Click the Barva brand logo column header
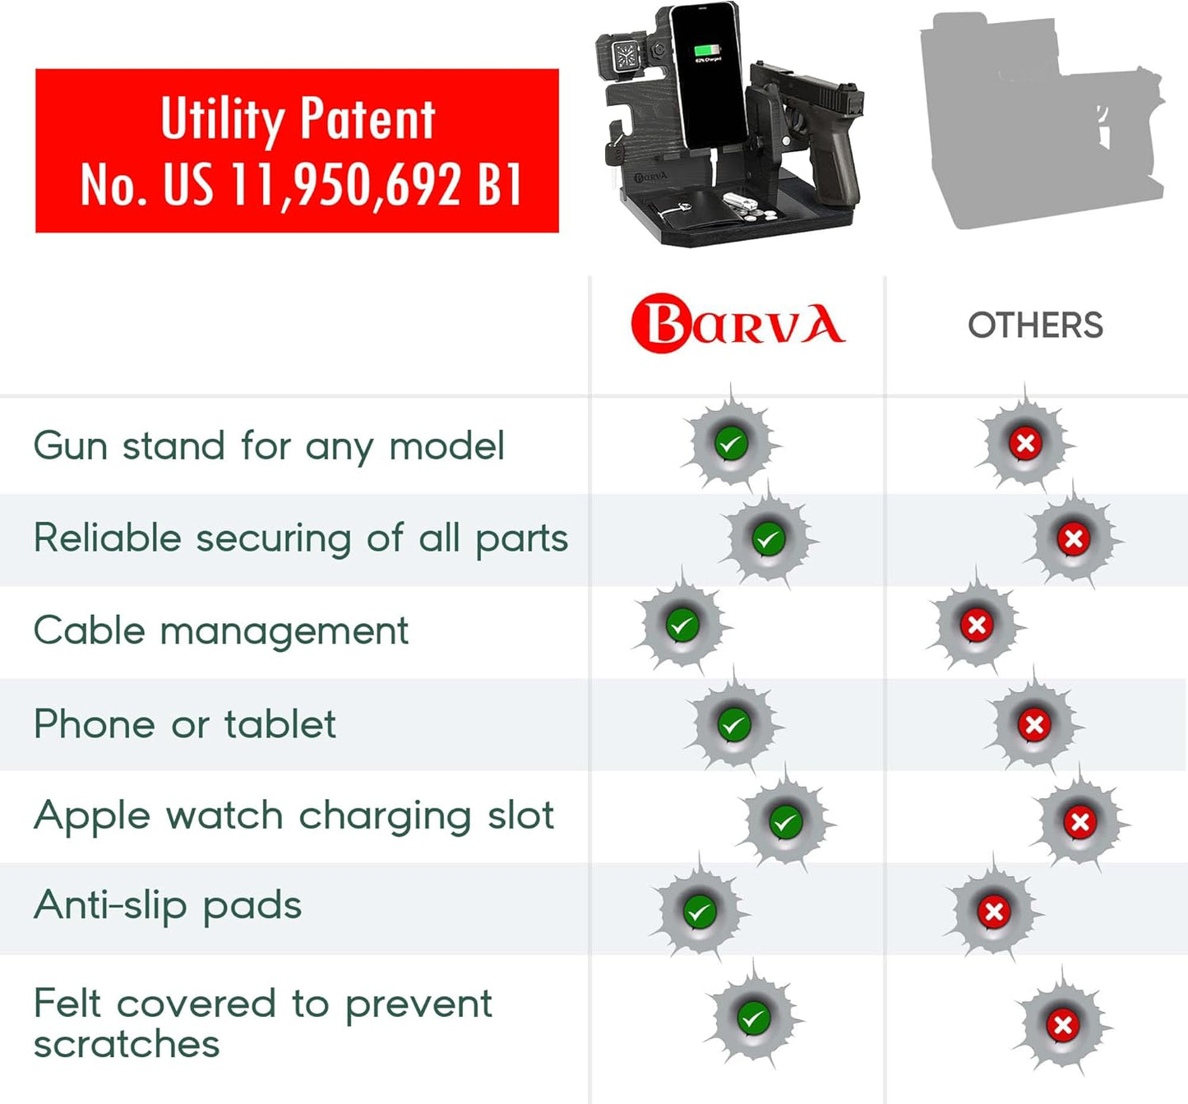pyautogui.click(x=737, y=324)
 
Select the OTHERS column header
pyautogui.click(x=1035, y=325)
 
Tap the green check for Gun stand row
pyautogui.click(x=731, y=443)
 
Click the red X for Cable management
pyautogui.click(x=977, y=626)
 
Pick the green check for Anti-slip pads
pyautogui.click(x=700, y=912)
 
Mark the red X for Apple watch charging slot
pyautogui.click(x=1079, y=821)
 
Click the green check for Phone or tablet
pyautogui.click(x=734, y=725)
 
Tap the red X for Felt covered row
pyautogui.click(x=1063, y=1024)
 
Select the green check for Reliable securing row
pyautogui.click(x=769, y=538)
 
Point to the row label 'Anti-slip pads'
pyautogui.click(x=168, y=907)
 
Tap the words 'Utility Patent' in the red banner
pyautogui.click(x=298, y=119)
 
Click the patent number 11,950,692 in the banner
pyautogui.click(x=344, y=185)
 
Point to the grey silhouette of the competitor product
pyautogui.click(x=1042, y=120)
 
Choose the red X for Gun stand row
pyautogui.click(x=1026, y=443)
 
